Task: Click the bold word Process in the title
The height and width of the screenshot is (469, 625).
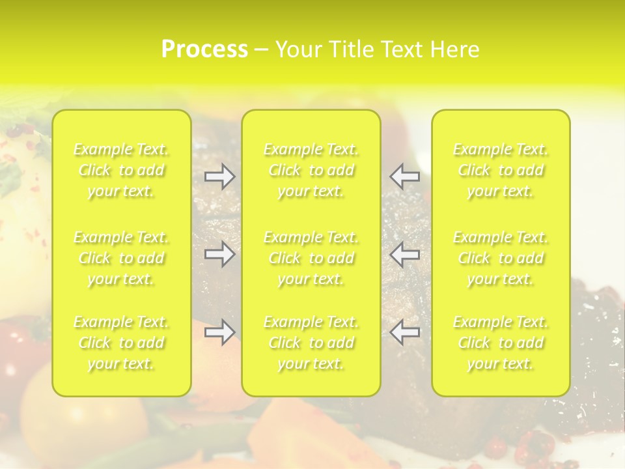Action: pyautogui.click(x=204, y=50)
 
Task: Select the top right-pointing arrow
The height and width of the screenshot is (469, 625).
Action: pyautogui.click(x=220, y=177)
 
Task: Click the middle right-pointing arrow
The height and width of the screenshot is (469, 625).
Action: pyautogui.click(x=220, y=254)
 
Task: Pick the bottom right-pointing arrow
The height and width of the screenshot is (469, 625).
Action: pyautogui.click(x=220, y=332)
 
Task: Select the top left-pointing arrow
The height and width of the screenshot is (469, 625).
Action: pyautogui.click(x=405, y=177)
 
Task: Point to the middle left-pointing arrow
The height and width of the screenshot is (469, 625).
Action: pyautogui.click(x=405, y=254)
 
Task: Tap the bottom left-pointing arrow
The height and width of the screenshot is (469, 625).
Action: pyautogui.click(x=405, y=332)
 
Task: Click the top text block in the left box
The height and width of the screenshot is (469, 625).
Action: pyautogui.click(x=121, y=171)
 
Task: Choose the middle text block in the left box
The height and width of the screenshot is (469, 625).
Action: pyautogui.click(x=121, y=258)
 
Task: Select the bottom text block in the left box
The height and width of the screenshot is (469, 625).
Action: pyautogui.click(x=121, y=343)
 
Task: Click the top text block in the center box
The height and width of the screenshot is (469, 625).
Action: pyautogui.click(x=311, y=171)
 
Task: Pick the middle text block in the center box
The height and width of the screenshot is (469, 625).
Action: pyautogui.click(x=311, y=258)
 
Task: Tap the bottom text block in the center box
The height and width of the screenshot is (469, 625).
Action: pyautogui.click(x=311, y=343)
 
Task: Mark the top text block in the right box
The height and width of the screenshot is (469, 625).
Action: pyautogui.click(x=501, y=171)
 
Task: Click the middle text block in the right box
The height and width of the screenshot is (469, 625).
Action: pyautogui.click(x=501, y=258)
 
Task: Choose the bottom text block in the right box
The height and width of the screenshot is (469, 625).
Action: pyautogui.click(x=501, y=343)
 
